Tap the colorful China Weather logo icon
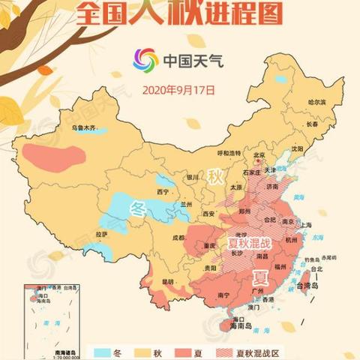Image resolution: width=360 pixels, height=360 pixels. pos(145,59)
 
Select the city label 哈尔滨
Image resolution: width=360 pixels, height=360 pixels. pos(318,101)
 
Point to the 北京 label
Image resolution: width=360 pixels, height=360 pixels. pos(259,157)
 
